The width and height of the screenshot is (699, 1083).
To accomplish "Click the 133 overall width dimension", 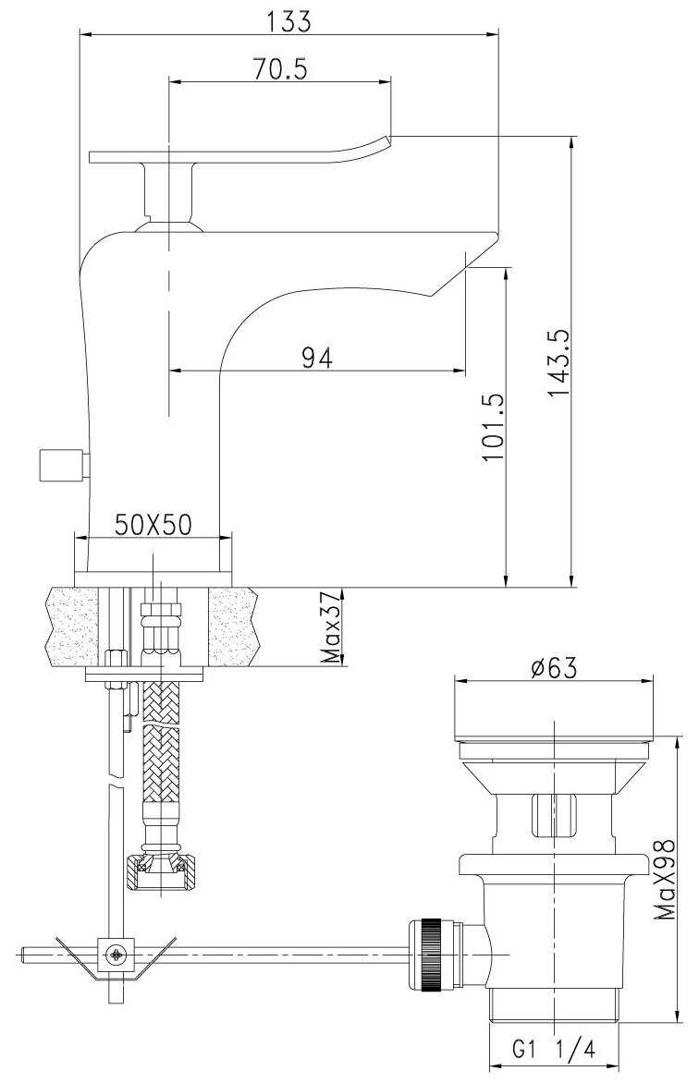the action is (288, 21).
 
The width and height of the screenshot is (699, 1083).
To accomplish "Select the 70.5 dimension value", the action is (279, 69).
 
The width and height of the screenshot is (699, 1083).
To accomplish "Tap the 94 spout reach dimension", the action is (317, 358).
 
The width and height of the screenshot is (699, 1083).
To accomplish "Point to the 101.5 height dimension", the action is (492, 427).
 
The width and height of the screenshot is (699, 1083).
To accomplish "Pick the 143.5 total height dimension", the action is (558, 362).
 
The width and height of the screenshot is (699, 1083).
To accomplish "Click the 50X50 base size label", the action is (153, 525).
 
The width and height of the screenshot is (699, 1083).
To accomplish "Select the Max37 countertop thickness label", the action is (333, 627).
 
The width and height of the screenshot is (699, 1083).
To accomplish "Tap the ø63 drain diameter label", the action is (553, 668).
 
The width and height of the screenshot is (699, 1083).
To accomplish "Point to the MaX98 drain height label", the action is (666, 880).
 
